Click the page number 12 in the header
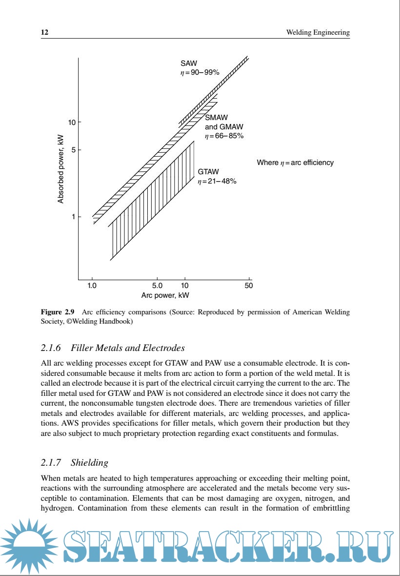pos(44,33)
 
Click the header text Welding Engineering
pos(318,33)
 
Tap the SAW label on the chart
pos(188,63)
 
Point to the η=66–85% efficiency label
pos(224,136)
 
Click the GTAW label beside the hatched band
pos(208,172)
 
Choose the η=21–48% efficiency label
pos(217,181)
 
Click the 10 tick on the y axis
pos(71,122)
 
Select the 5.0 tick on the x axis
pos(157,285)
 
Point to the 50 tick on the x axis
pos(249,285)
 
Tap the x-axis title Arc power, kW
pos(165,295)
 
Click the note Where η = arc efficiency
pos(295,163)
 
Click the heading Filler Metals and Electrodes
pos(128,348)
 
